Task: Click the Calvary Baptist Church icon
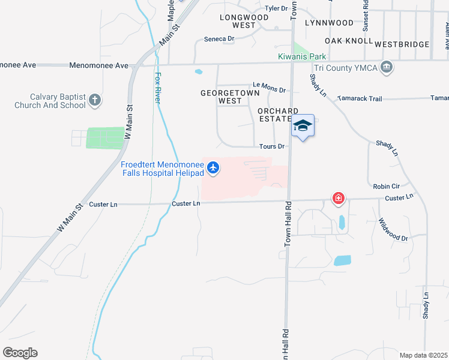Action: (x=95, y=100)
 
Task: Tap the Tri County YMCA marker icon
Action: (x=387, y=67)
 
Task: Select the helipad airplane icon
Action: (x=212, y=169)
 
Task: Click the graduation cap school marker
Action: (x=303, y=126)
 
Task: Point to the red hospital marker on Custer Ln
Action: (x=339, y=198)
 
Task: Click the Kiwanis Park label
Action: (x=301, y=56)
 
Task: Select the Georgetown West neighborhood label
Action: (x=230, y=97)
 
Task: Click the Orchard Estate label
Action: (x=277, y=115)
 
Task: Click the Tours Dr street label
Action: (x=271, y=146)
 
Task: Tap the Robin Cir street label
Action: (x=385, y=187)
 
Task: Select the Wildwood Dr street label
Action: (x=393, y=230)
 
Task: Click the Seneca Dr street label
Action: (x=218, y=38)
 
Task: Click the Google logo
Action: (x=20, y=352)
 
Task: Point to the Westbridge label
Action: (x=402, y=44)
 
